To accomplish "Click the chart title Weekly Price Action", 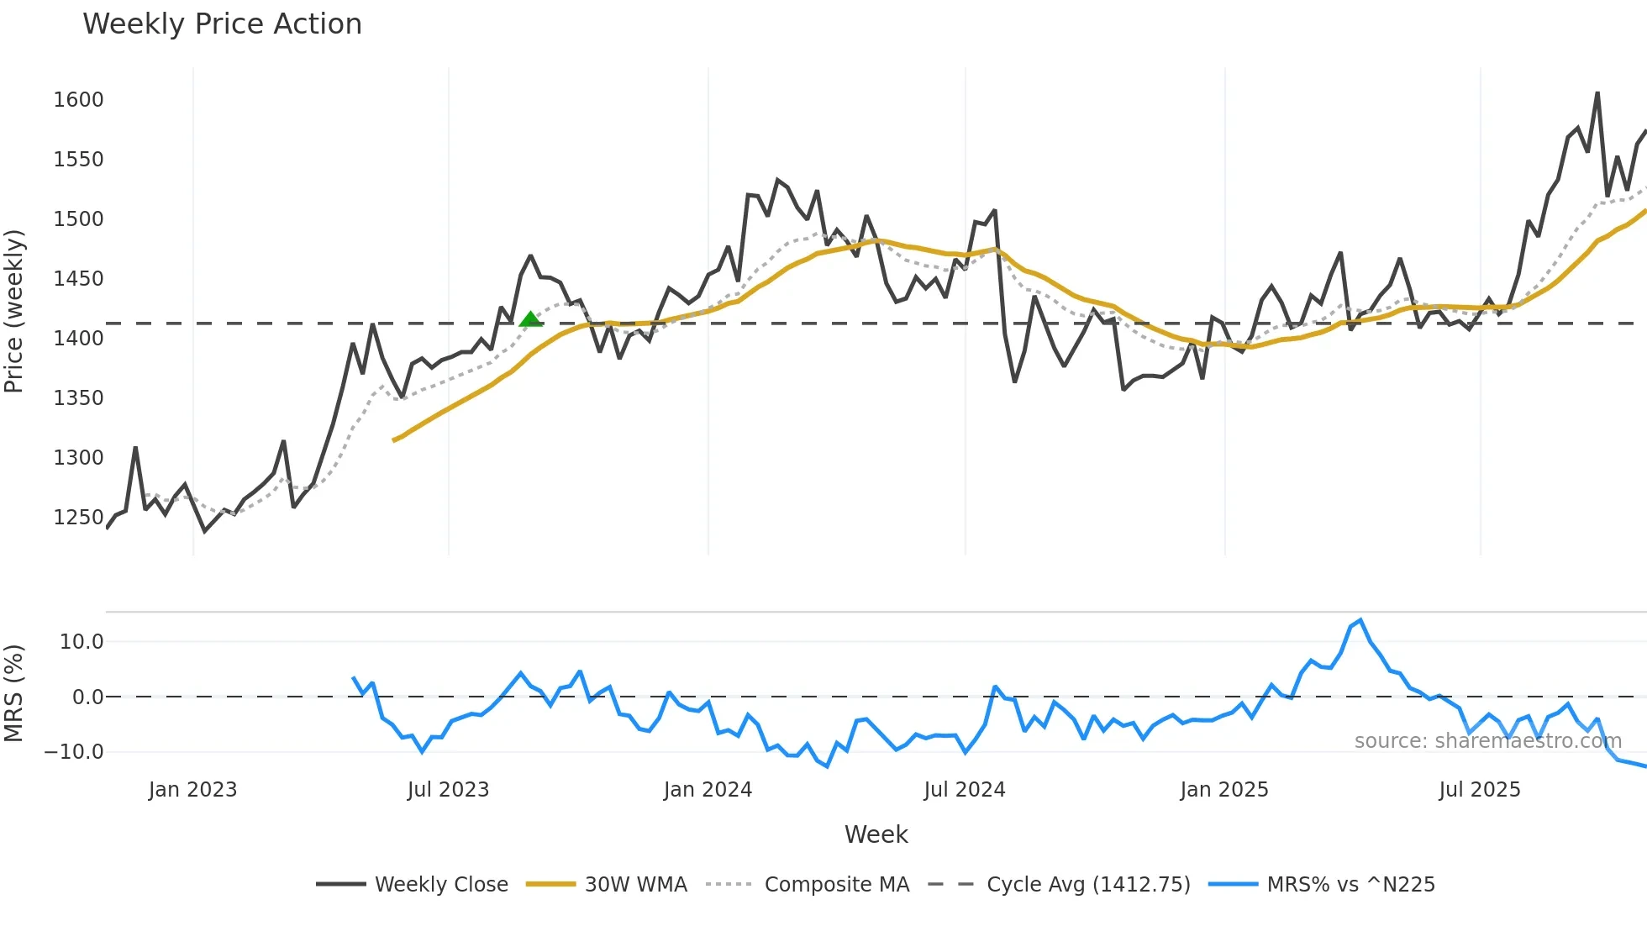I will pos(222,24).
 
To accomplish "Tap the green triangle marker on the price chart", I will pos(530,319).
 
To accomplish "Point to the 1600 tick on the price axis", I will pos(78,100).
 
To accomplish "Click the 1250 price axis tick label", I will pos(78,518).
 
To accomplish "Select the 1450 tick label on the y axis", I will pos(78,279).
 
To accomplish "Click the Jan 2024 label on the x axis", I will pos(708,790).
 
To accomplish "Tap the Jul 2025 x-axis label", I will pos(1479,790).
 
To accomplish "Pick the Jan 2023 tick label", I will pos(192,790).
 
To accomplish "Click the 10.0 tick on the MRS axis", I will pos(82,642).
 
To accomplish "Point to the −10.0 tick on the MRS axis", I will pos(74,752).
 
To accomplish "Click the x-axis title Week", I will pos(876,834).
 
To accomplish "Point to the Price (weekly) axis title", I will pos(14,311).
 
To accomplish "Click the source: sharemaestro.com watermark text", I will pos(1487,741).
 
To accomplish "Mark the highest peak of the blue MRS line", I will pos(1360,620).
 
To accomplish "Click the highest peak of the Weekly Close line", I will pos(1597,93).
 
